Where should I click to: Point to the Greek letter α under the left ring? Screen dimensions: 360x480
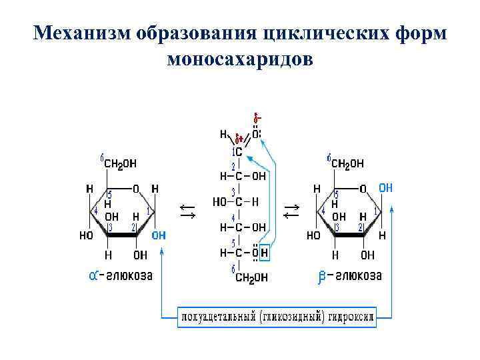click(x=94, y=275)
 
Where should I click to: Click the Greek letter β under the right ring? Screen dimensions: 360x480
click(x=323, y=276)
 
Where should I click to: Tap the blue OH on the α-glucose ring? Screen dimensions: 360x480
click(x=159, y=235)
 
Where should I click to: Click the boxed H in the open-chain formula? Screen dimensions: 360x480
click(x=265, y=253)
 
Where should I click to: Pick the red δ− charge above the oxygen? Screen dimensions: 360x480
click(x=256, y=119)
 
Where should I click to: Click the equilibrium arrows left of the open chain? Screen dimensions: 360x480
click(x=188, y=211)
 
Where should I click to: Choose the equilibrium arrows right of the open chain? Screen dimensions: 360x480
click(x=291, y=211)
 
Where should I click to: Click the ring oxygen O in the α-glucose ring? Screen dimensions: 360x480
click(x=136, y=188)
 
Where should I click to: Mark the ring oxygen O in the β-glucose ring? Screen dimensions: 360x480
click(x=363, y=188)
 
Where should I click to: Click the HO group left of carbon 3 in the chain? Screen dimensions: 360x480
click(x=220, y=201)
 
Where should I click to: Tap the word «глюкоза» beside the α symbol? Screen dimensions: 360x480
click(x=131, y=275)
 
